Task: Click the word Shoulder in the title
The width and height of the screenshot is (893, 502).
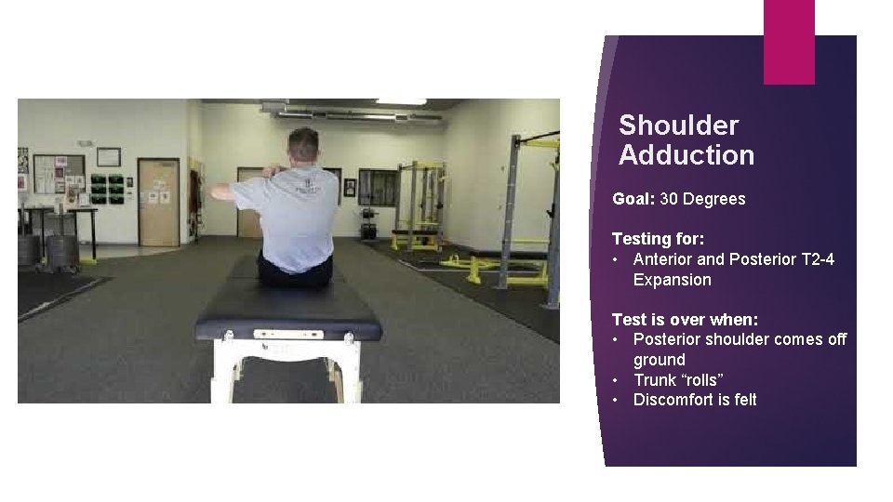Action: tap(678, 125)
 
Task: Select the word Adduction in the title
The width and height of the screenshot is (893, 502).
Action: tap(686, 155)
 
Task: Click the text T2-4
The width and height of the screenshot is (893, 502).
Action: tap(817, 259)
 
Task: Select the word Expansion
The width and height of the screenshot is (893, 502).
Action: tap(672, 280)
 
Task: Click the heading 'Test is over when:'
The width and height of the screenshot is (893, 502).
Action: tap(685, 320)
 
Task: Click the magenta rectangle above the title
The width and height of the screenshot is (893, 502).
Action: tap(789, 41)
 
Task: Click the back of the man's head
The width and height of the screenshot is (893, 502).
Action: tap(304, 146)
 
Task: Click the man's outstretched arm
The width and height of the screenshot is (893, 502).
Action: tap(233, 192)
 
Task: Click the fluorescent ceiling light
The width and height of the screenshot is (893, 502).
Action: tap(401, 102)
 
